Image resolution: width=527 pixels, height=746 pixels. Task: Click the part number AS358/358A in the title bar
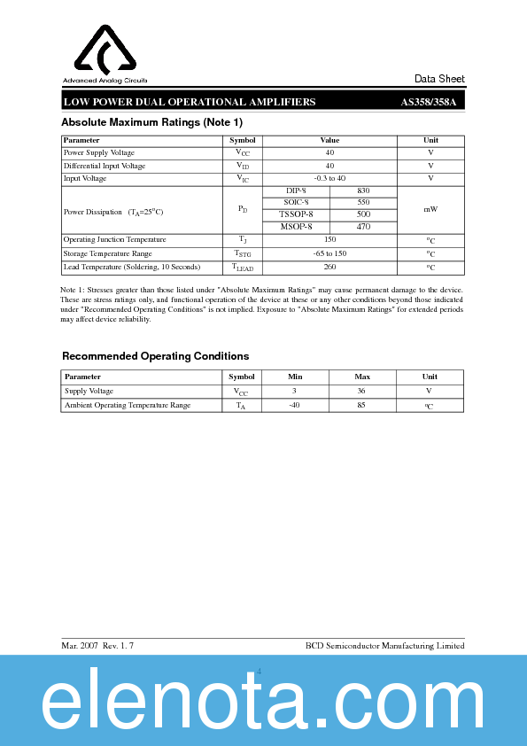[x=428, y=102]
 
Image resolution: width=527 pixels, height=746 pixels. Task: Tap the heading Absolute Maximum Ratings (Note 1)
[x=151, y=122]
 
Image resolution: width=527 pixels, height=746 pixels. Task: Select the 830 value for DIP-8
[x=363, y=191]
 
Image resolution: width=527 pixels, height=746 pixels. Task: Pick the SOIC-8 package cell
[x=297, y=203]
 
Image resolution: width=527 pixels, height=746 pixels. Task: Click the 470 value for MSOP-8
[x=363, y=227]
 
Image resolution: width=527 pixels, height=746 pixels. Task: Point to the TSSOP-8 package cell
[x=297, y=214]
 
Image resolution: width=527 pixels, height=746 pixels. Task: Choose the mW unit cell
[x=430, y=209]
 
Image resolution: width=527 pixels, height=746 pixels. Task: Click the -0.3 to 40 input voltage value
[x=329, y=178]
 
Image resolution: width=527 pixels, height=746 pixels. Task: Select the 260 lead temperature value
[x=329, y=267]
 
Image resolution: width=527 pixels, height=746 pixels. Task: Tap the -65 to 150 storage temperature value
[x=329, y=253]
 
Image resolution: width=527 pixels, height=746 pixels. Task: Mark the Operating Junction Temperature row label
[x=115, y=240]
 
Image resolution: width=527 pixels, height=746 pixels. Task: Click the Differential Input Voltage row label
[x=105, y=166]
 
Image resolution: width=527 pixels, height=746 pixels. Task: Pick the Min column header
[x=296, y=377]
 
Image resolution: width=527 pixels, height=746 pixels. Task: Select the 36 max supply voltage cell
[x=362, y=391]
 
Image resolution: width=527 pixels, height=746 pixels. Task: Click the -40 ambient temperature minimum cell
[x=296, y=405]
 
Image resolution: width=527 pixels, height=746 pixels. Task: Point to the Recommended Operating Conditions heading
[x=155, y=356]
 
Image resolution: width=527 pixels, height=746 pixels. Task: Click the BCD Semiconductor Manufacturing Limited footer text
[x=384, y=646]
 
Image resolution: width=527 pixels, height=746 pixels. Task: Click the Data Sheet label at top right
[x=439, y=79]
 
